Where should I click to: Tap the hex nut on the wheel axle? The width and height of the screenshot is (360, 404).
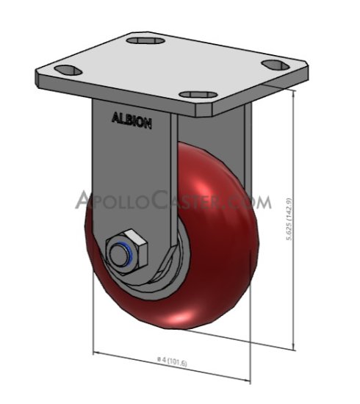click(x=129, y=250)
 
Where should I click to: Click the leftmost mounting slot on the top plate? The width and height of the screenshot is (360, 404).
click(x=66, y=71)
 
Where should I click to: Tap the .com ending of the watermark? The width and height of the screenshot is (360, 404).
click(x=250, y=201)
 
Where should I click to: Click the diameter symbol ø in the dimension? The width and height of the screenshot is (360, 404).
click(x=159, y=358)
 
